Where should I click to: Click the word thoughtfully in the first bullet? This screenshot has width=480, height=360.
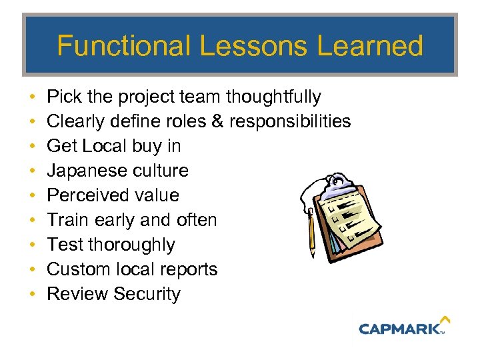pos(273,97)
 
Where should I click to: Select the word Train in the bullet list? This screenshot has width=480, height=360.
pos(69,220)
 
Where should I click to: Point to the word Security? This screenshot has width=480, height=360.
pos(147,294)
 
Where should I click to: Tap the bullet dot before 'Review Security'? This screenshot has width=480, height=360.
pos(33,294)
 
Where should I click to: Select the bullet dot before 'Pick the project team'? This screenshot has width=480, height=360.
pos(33,97)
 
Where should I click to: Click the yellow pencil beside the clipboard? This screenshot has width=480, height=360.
pos(311,233)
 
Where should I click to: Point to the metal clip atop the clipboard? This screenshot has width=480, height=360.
pos(340,181)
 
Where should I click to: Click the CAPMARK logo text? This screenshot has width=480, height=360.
pos(399,328)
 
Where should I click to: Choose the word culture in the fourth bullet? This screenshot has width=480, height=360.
pos(160,171)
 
